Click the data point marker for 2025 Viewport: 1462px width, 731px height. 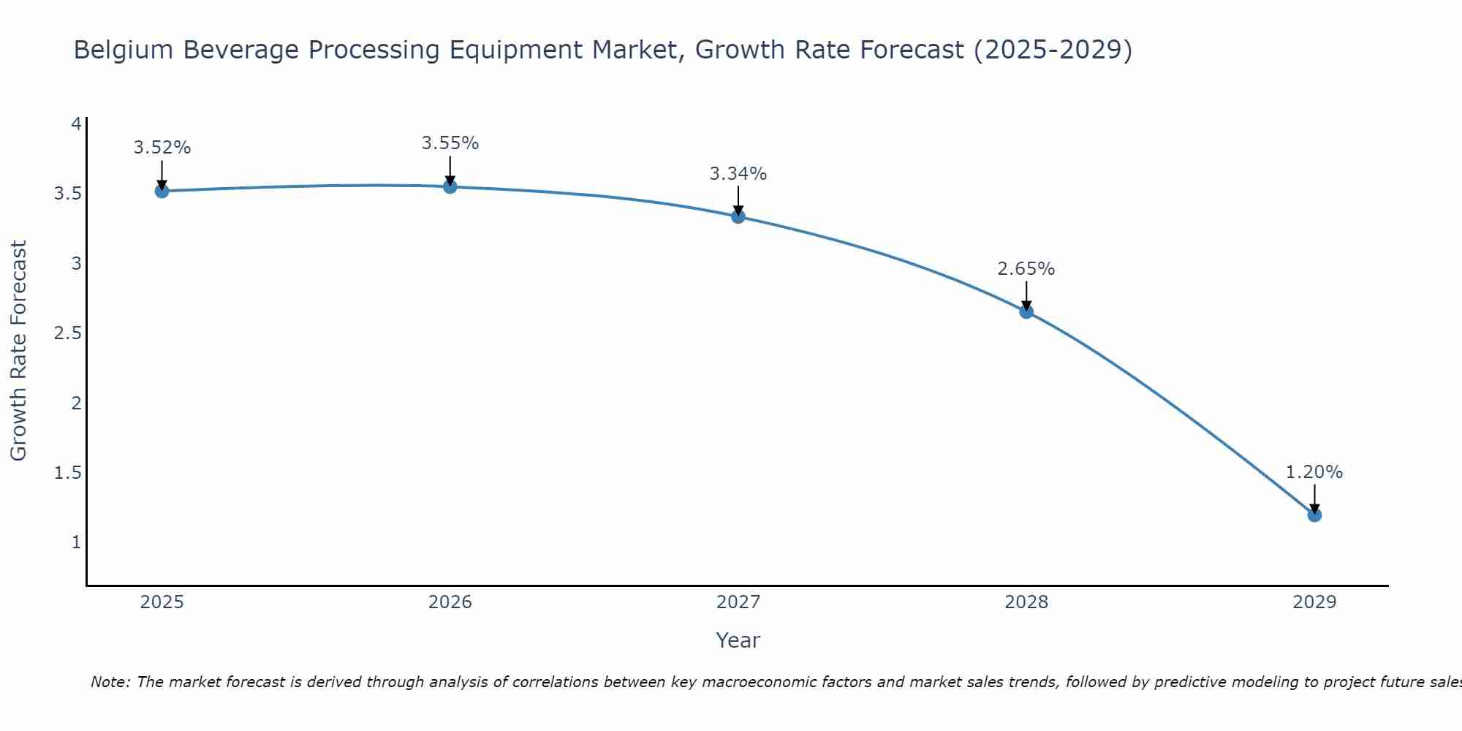(x=162, y=192)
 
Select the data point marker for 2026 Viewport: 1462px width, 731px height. (x=450, y=187)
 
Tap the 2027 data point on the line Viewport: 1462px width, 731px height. (x=738, y=216)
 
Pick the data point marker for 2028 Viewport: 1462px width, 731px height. (x=1026, y=312)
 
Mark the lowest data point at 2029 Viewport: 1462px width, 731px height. (x=1314, y=515)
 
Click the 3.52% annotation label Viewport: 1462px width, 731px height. (x=162, y=148)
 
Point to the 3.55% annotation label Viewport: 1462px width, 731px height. (x=450, y=143)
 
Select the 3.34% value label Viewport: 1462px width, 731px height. (x=738, y=174)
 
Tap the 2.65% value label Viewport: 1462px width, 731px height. (x=1026, y=269)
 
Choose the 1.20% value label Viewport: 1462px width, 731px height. (x=1314, y=472)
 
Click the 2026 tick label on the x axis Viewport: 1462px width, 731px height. (x=450, y=602)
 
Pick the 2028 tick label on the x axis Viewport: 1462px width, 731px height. (x=1026, y=602)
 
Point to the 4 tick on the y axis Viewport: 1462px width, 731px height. (x=76, y=124)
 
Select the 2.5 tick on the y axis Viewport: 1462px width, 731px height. (x=67, y=333)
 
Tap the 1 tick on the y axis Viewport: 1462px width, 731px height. (x=76, y=542)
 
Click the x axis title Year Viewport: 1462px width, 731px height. (x=738, y=640)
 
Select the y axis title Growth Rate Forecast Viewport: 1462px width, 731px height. (x=19, y=351)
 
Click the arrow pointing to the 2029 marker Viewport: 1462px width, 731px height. (x=1314, y=499)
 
